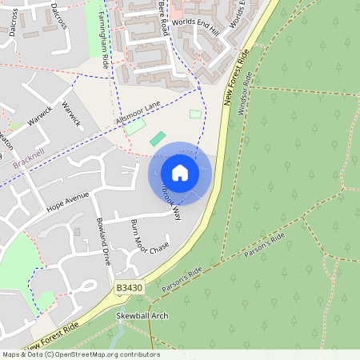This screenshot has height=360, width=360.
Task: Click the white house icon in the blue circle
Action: point(180,173)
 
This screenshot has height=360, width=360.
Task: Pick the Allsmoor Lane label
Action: point(138,111)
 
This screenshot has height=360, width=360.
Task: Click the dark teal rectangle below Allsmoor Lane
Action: point(158,138)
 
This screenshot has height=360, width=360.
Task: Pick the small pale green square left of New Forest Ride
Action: point(195,114)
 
